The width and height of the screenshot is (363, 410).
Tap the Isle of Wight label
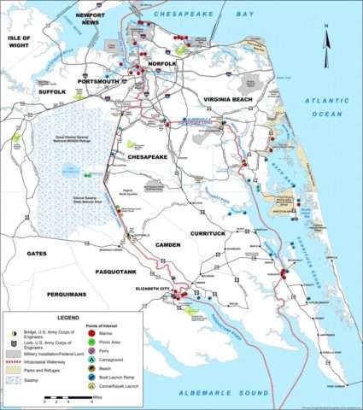pyautogui.click(x=19, y=44)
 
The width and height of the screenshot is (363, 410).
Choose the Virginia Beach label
pyautogui.click(x=247, y=98)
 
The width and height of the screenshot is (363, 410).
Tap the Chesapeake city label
pyautogui.click(x=151, y=157)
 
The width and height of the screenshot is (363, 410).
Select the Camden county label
pyautogui.click(x=167, y=245)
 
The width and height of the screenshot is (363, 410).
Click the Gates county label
pyautogui.click(x=37, y=254)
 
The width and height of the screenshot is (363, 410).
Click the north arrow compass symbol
pyautogui.click(x=325, y=39)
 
